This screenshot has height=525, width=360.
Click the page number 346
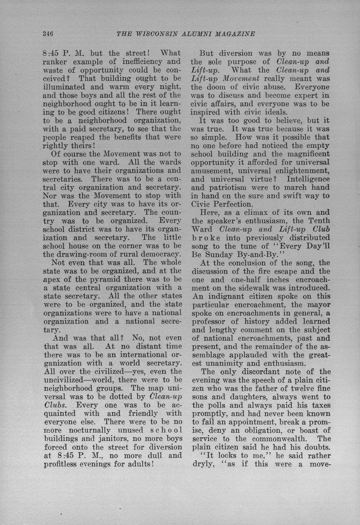click(48, 33)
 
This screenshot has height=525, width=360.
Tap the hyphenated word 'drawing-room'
click(81, 254)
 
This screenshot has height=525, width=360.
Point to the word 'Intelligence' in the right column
click(308, 179)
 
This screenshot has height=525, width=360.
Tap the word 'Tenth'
click(319, 221)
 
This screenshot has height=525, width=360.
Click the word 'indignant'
click(226, 296)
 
